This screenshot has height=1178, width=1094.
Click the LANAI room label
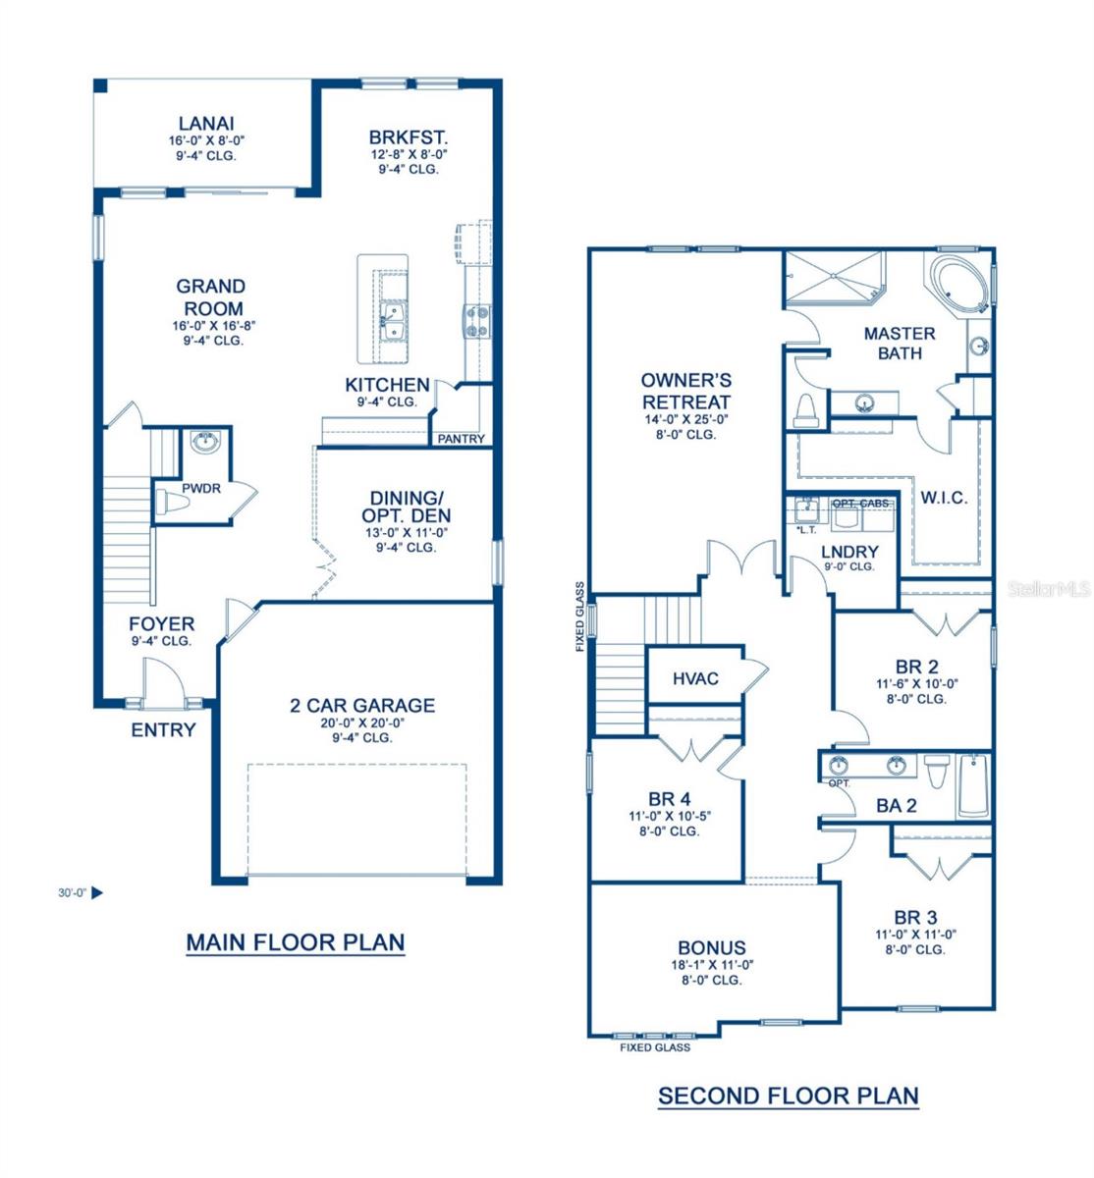tap(206, 124)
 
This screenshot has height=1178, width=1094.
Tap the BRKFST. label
tap(409, 137)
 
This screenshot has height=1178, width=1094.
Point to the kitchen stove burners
tap(477, 321)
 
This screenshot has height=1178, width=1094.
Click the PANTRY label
tap(462, 439)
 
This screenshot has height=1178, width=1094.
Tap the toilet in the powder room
tap(172, 503)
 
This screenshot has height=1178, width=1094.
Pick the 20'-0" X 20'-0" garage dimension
tap(361, 723)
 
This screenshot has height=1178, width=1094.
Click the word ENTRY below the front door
tap(163, 730)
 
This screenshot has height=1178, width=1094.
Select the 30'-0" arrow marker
tap(97, 892)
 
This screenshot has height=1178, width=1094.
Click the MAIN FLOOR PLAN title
tap(295, 942)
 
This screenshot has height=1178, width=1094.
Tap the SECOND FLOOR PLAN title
tap(789, 1096)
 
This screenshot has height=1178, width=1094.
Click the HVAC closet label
tap(695, 678)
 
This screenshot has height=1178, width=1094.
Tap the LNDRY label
tap(849, 552)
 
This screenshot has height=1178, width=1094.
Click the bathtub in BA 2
tap(973, 786)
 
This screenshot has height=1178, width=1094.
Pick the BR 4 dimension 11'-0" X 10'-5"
tap(670, 817)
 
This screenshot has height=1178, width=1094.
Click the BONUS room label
tap(712, 947)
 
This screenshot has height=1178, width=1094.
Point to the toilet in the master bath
tap(805, 410)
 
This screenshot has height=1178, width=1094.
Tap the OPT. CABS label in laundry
tap(860, 503)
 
